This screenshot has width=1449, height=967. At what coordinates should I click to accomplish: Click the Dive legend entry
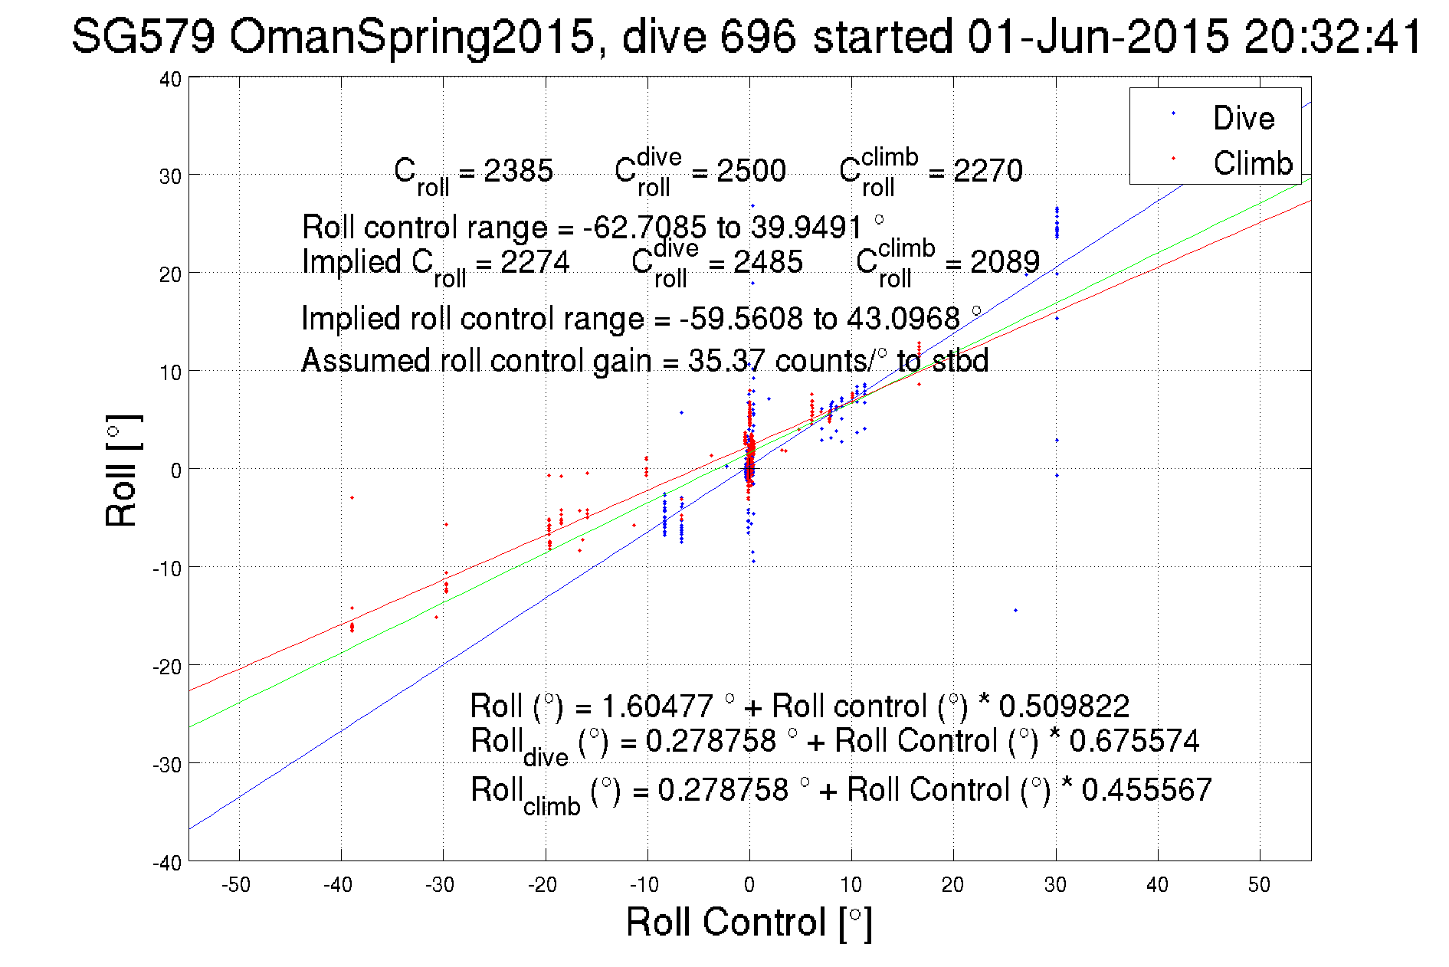pos(1243,118)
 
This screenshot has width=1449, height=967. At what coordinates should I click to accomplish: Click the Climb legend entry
pos(1252,163)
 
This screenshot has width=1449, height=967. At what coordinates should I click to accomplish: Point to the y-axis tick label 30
pos(170,176)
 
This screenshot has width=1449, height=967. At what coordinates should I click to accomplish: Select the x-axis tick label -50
pos(236,885)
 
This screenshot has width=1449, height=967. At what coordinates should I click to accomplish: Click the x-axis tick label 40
pos(1157,885)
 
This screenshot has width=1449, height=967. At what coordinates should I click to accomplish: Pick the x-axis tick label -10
pos(644,885)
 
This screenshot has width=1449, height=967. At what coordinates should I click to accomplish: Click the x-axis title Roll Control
pos(749,922)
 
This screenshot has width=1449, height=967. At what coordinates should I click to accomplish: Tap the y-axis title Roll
pos(122,471)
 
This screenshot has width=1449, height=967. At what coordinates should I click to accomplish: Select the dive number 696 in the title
pos(758,36)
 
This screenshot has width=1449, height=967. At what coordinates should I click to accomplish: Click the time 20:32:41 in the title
pos(1333,36)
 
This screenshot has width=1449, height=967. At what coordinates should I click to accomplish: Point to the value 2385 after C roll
pos(518,171)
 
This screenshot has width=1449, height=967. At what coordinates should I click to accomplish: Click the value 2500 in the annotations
pos(751,171)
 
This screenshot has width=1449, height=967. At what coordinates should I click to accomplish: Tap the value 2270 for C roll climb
pos(988,171)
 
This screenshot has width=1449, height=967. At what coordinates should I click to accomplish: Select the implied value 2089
pos(1005,262)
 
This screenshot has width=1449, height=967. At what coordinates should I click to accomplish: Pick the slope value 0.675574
pos(1134,741)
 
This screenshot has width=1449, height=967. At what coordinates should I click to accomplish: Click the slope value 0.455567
pos(1146,790)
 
